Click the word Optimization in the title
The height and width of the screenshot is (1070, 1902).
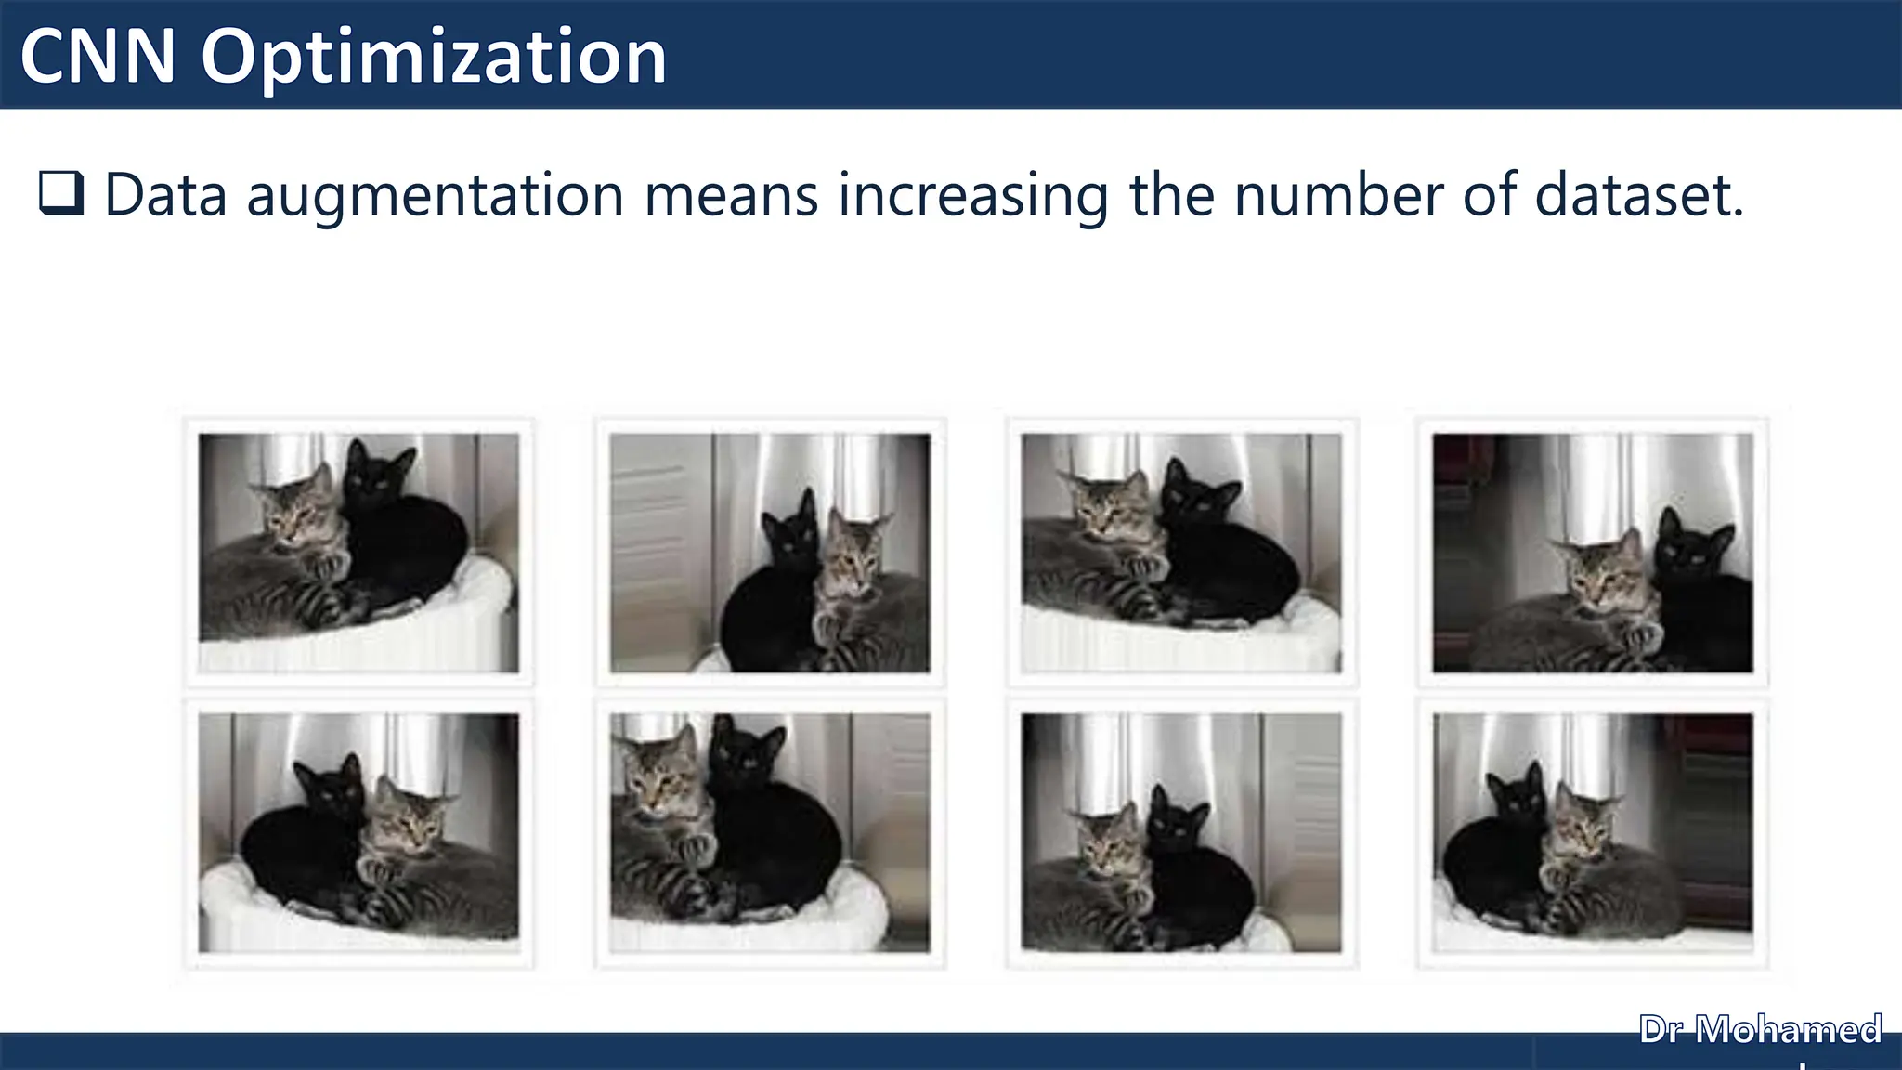pos(434,58)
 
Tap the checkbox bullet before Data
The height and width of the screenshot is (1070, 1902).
pos(61,193)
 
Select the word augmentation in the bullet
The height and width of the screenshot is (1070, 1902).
pos(435,197)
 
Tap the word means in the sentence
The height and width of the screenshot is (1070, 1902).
pos(731,197)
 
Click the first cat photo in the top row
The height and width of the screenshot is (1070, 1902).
pos(358,553)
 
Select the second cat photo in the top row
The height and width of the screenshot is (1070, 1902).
pos(770,553)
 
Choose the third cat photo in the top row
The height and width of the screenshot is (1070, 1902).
pos(1181,553)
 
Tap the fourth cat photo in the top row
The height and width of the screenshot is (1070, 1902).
pos(1593,553)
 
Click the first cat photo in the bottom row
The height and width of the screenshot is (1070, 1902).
pos(358,833)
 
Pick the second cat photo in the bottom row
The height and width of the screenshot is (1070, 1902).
pos(770,833)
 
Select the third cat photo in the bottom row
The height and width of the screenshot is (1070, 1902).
pos(1181,833)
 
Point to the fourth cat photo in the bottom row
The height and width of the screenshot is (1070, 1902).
pos(1593,833)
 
